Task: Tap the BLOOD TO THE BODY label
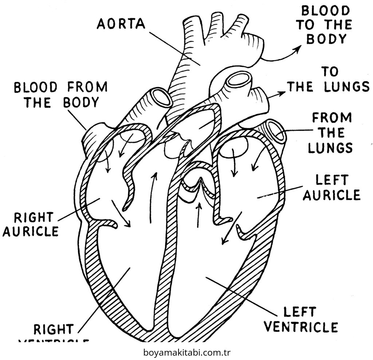pyautogui.click(x=324, y=25)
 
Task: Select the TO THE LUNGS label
pyautogui.click(x=328, y=80)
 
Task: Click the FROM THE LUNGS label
pyautogui.click(x=331, y=133)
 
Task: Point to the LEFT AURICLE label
pyautogui.click(x=331, y=187)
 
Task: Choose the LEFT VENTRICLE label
pyautogui.click(x=301, y=320)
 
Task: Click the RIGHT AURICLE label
pyautogui.click(x=31, y=224)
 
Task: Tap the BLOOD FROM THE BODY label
pyautogui.click(x=61, y=95)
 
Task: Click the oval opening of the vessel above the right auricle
pyautogui.click(x=162, y=97)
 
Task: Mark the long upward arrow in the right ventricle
pyautogui.click(x=153, y=197)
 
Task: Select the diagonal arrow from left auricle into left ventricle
pyautogui.click(x=232, y=228)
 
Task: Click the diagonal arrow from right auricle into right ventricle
pyautogui.click(x=121, y=213)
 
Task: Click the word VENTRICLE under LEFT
pyautogui.click(x=301, y=327)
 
